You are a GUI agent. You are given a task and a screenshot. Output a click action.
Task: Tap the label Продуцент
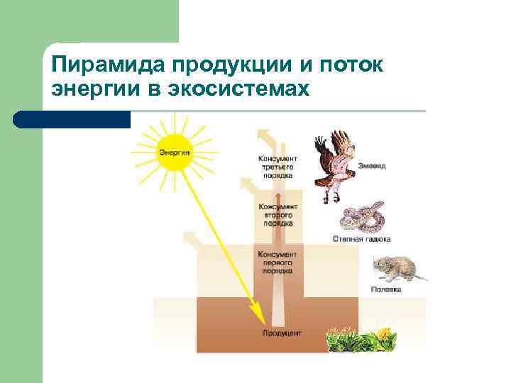click(x=282, y=333)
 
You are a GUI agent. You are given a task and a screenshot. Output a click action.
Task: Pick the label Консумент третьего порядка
click(x=278, y=166)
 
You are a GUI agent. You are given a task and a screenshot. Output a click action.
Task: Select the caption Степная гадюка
click(x=361, y=239)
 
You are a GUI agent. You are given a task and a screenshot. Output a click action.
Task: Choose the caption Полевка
click(x=386, y=289)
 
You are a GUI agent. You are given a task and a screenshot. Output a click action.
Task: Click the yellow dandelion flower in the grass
click(x=383, y=333)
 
